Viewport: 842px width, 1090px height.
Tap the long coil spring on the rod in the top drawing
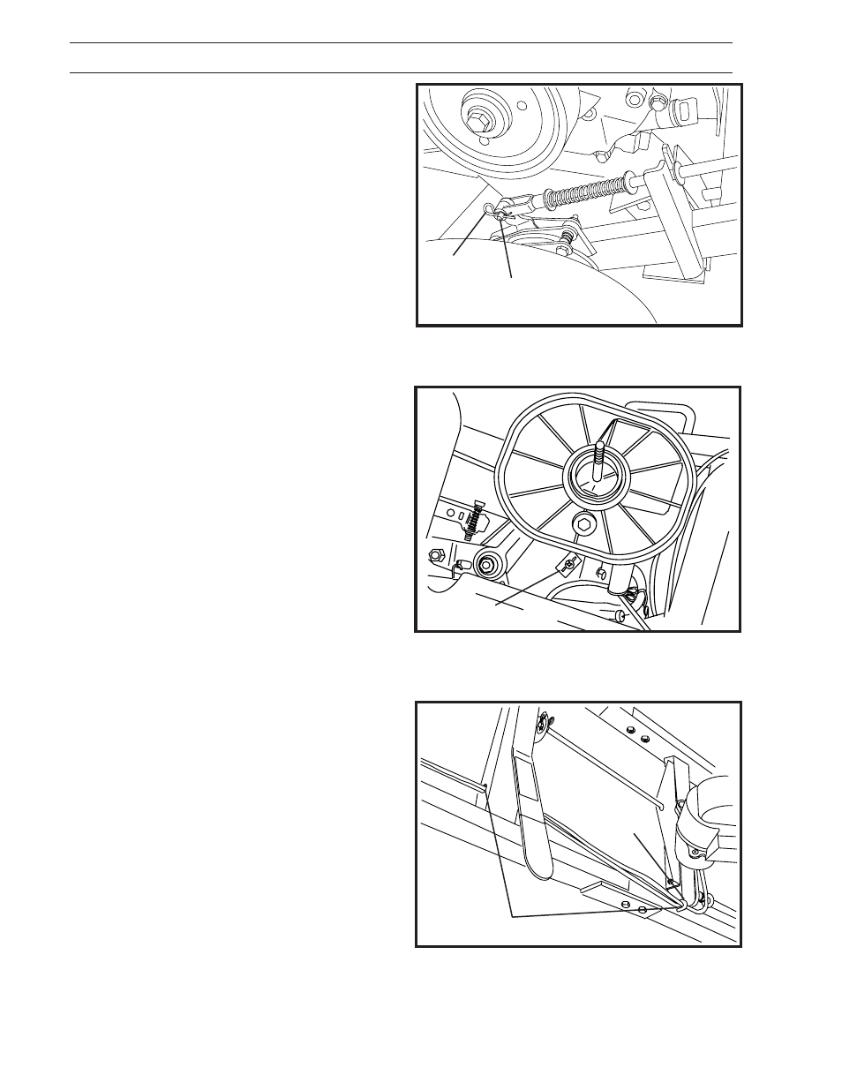[587, 189]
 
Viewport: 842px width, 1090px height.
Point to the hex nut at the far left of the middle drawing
[435, 555]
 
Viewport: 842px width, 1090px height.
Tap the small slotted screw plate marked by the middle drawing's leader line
[568, 562]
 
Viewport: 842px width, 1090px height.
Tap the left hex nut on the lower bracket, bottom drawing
[624, 905]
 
